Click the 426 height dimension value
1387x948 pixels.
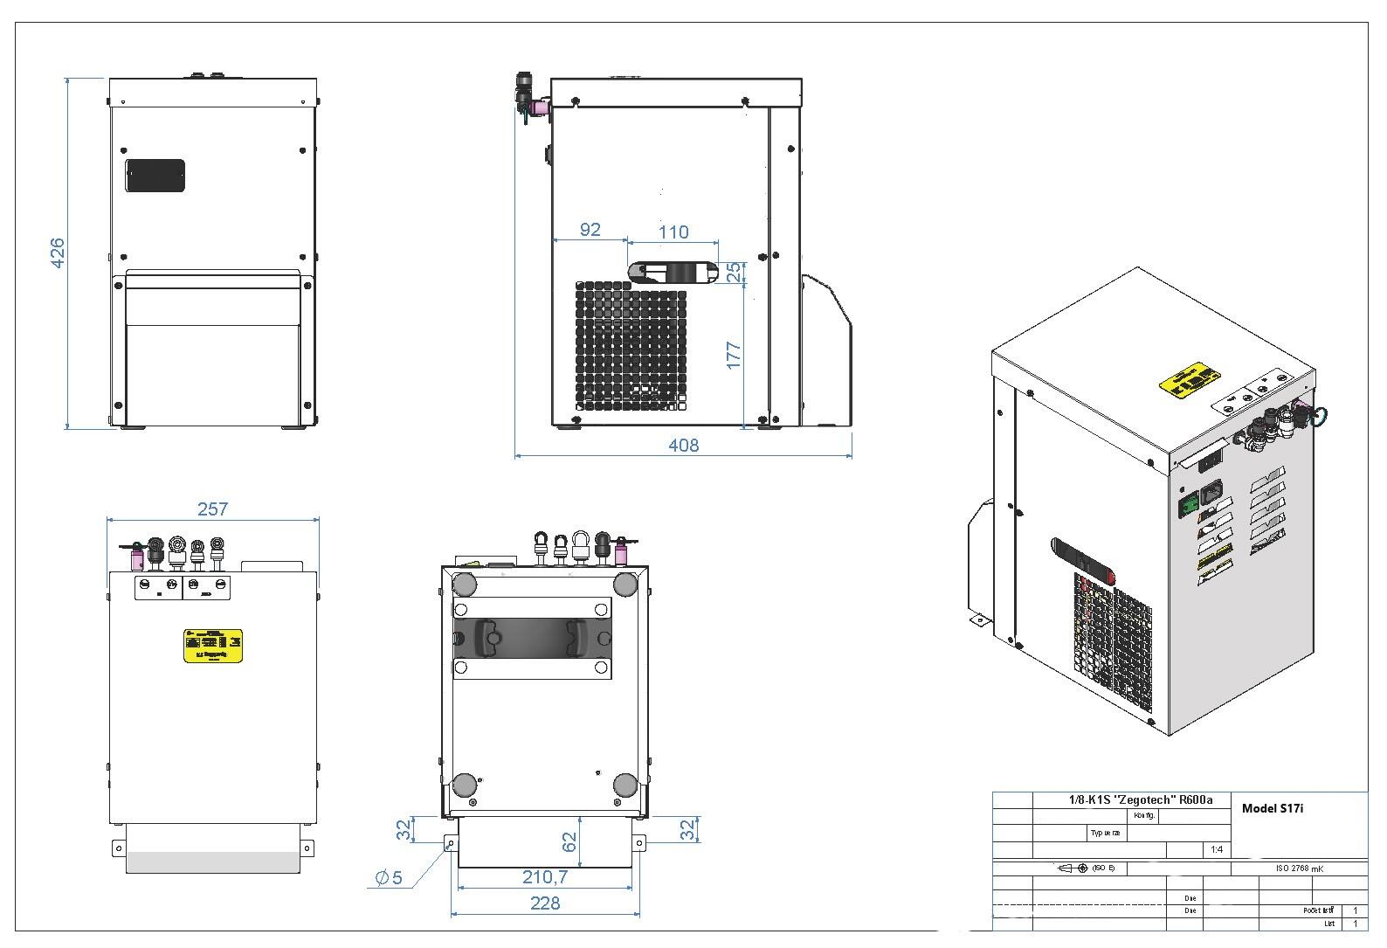point(58,253)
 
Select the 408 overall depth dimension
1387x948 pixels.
point(683,446)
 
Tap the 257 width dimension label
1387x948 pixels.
point(212,509)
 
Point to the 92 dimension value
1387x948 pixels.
point(590,230)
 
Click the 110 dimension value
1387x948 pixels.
point(673,232)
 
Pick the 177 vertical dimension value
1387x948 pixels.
point(734,354)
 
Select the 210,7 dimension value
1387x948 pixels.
point(545,876)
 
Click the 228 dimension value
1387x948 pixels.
point(545,903)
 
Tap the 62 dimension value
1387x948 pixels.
point(569,842)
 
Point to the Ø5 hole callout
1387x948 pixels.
point(390,878)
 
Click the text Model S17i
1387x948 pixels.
point(1272,808)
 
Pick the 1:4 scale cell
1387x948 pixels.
point(1216,849)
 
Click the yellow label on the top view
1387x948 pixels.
point(212,645)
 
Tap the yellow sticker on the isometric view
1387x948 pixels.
point(1189,381)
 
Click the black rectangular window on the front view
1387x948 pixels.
point(155,176)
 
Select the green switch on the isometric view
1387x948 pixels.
point(1189,504)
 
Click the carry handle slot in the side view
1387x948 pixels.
point(673,273)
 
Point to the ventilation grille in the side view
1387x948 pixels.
point(631,346)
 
